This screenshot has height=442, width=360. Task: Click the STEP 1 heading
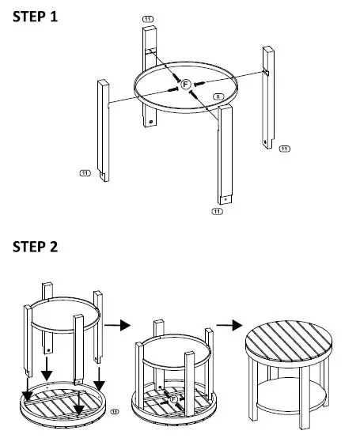35,17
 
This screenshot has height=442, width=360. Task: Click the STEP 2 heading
35,247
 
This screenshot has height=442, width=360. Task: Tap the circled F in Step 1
185,84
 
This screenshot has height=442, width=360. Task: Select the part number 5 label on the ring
218,96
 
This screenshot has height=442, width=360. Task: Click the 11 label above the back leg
148,17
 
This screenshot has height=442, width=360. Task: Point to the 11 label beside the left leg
85,171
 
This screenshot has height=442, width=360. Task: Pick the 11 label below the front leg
217,212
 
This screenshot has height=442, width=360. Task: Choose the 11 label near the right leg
284,148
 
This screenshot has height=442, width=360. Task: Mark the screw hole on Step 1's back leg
150,123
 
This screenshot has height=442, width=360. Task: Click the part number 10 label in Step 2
115,411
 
